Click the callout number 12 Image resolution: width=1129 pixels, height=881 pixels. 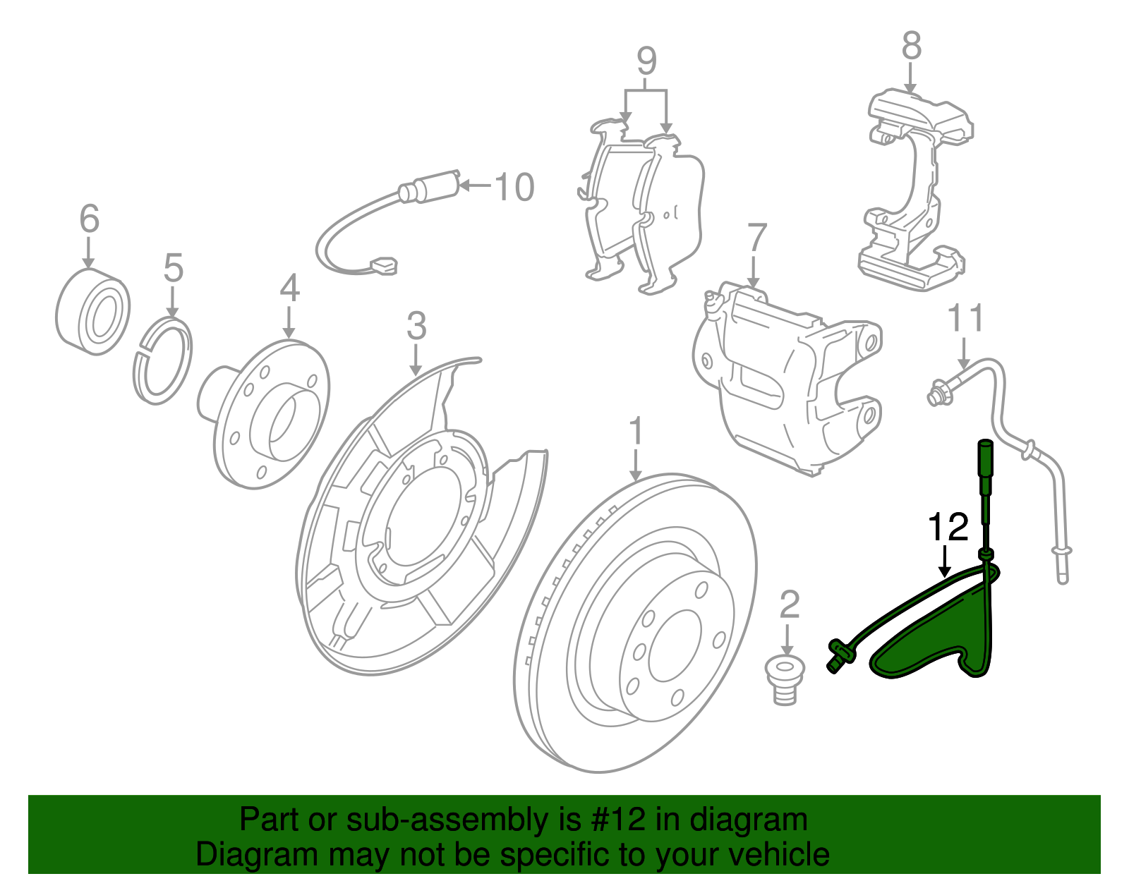[948, 527]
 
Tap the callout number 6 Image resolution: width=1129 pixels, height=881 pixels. [90, 219]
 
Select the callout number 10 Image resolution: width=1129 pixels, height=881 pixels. [514, 187]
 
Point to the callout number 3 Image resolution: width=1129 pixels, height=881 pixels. [417, 326]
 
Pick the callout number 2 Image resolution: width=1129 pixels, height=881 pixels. [790, 605]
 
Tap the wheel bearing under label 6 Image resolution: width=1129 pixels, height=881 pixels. [92, 311]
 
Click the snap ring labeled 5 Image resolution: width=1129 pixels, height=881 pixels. [163, 361]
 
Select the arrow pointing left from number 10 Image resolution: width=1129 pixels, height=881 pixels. [475, 186]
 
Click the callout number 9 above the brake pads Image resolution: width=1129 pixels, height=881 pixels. [646, 61]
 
